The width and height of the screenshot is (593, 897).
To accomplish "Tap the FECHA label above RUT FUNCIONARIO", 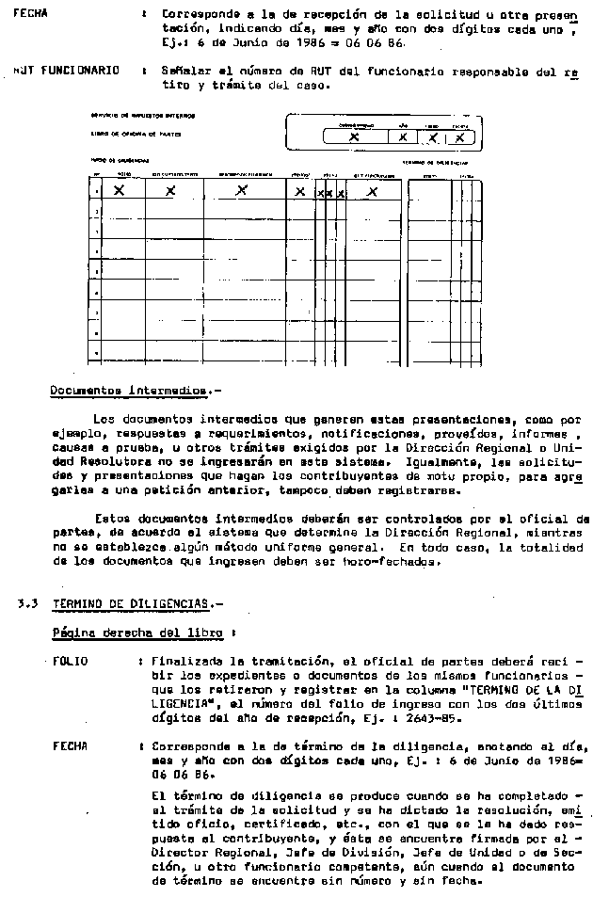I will click(x=30, y=14).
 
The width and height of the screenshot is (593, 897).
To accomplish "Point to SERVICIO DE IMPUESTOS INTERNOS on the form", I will click(x=130, y=116).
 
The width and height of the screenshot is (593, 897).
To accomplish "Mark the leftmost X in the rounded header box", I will click(x=354, y=137).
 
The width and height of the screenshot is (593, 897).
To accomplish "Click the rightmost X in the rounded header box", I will click(x=459, y=137).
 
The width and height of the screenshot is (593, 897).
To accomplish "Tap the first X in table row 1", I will click(x=120, y=190).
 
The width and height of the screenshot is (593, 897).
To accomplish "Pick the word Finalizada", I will click(x=184, y=662).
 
